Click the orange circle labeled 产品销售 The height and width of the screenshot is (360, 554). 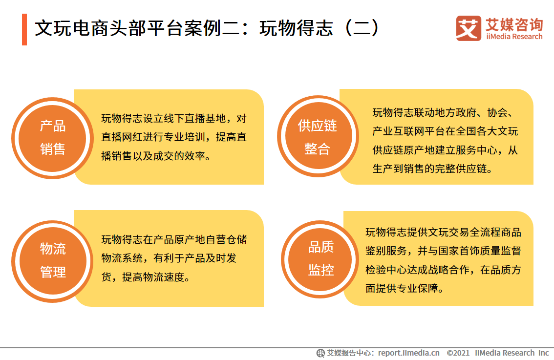[53, 137]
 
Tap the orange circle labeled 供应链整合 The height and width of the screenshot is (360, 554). [318, 137]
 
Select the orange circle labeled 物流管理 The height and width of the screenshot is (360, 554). [53, 260]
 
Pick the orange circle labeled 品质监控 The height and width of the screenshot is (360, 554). [321, 259]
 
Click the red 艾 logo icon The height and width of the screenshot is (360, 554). [469, 28]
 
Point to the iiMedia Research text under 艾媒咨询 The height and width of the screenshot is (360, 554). [514, 37]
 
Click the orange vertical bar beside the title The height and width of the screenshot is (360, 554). [24, 29]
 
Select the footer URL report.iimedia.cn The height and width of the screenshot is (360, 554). [408, 353]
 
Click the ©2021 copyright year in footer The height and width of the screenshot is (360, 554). [458, 353]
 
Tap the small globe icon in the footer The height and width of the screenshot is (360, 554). [321, 353]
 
